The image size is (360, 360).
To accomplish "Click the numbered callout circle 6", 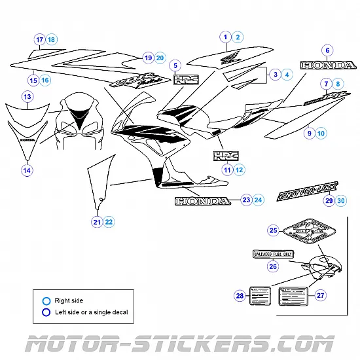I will pyautogui.click(x=327, y=50).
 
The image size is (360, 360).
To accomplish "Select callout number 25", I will pyautogui.click(x=274, y=230).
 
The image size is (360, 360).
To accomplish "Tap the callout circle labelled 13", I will pyautogui.click(x=27, y=97).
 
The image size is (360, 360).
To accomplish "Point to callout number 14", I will pyautogui.click(x=27, y=170).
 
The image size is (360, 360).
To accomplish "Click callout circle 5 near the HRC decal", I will pyautogui.click(x=175, y=65).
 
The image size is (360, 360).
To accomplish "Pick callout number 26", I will pyautogui.click(x=274, y=266).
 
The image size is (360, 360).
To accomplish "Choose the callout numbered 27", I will pyautogui.click(x=321, y=296).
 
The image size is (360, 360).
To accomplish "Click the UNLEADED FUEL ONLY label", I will pyautogui.click(x=274, y=253).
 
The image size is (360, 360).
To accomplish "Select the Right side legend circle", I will pyautogui.click(x=46, y=300).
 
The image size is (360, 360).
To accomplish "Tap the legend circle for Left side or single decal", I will pyautogui.click(x=46, y=313).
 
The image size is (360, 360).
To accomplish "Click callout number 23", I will pyautogui.click(x=246, y=199).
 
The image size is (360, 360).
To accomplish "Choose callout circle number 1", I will pyautogui.click(x=225, y=37).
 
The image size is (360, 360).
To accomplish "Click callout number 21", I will pyautogui.click(x=97, y=222).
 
